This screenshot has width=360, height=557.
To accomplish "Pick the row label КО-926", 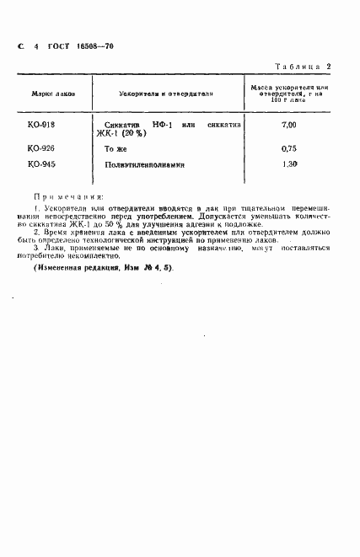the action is [x=40, y=148].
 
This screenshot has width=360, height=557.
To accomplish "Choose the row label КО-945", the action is [x=40, y=164].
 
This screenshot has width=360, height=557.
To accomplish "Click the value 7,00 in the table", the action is [x=289, y=125].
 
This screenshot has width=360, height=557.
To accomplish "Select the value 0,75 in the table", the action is [x=289, y=148].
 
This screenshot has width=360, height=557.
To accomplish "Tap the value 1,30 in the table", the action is [x=289, y=164].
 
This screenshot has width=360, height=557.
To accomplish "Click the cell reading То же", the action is [x=114, y=148].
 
